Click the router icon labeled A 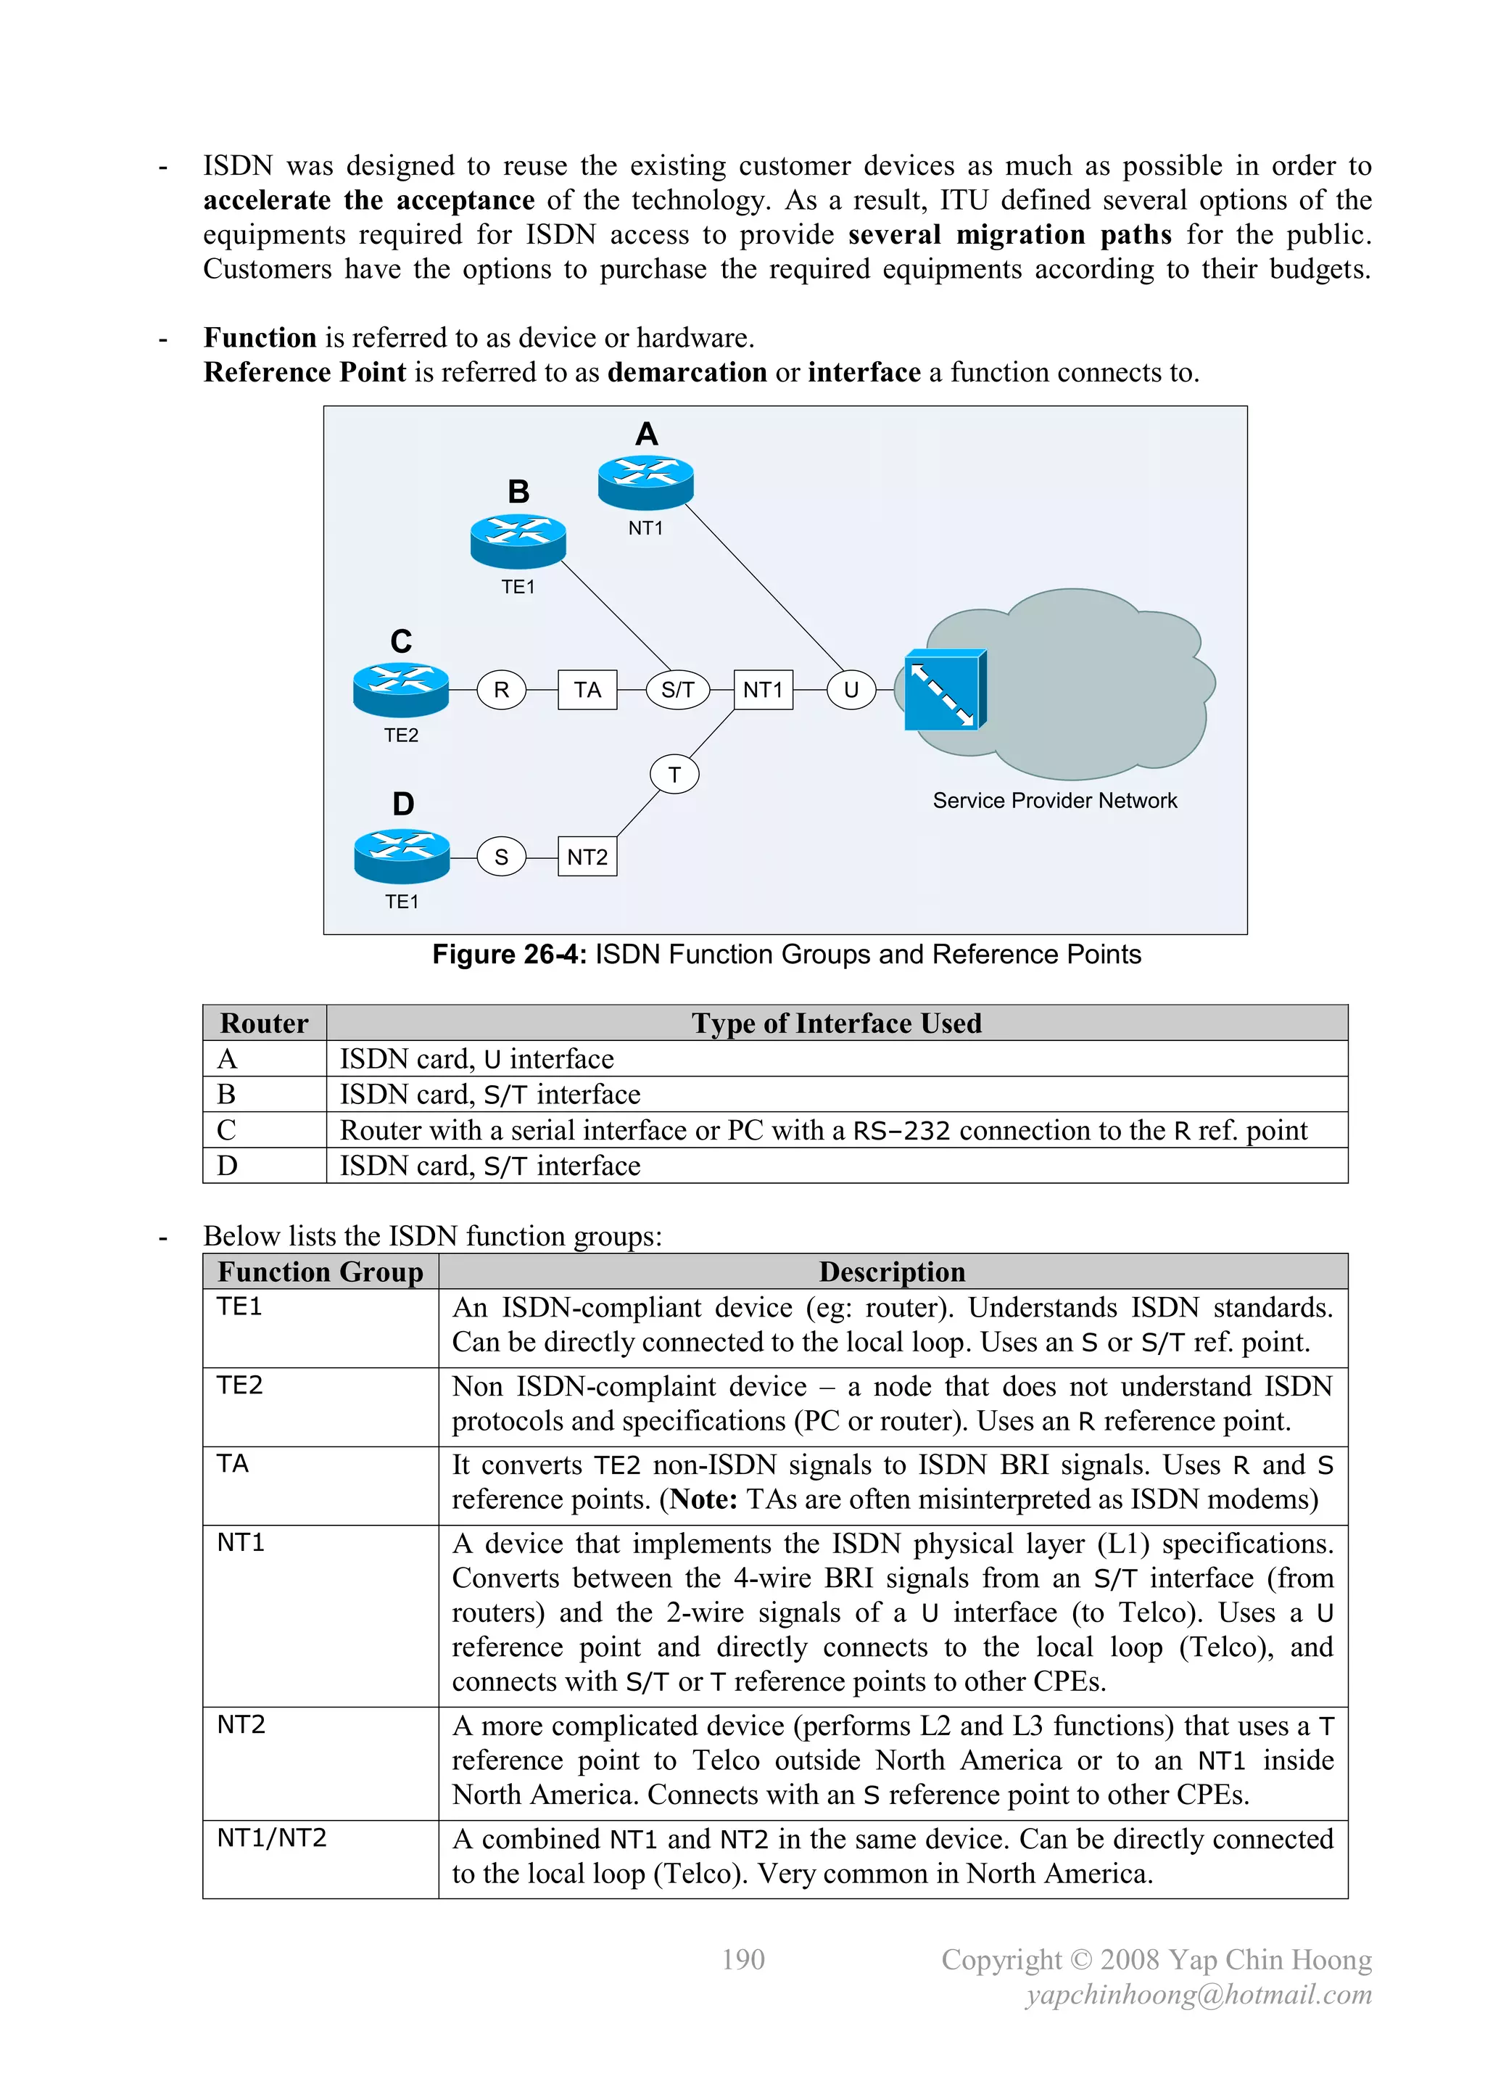645,481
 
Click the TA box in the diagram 587,690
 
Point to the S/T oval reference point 677,690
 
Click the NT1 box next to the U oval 763,690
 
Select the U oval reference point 851,690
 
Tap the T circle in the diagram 674,775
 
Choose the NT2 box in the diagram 587,857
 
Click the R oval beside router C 501,690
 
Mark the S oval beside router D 501,857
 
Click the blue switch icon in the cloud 945,691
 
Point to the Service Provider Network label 1054,800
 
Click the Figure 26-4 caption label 787,954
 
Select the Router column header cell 264,1023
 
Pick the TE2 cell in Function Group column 239,1385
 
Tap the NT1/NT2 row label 272,1837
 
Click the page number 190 742,1959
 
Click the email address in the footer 1198,1994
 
